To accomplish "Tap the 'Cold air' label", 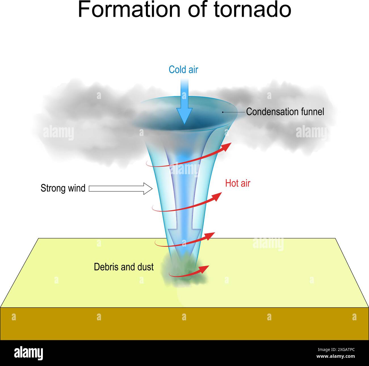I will [x=183, y=70].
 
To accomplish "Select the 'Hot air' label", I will [x=238, y=183].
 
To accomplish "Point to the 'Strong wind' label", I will [x=63, y=188].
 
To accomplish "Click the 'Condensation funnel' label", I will [x=285, y=112].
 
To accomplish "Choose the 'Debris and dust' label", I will [x=124, y=267].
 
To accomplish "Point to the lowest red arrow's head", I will [x=205, y=268].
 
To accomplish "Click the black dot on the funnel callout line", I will [x=223, y=112].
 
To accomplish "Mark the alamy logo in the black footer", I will [x=28, y=353].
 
